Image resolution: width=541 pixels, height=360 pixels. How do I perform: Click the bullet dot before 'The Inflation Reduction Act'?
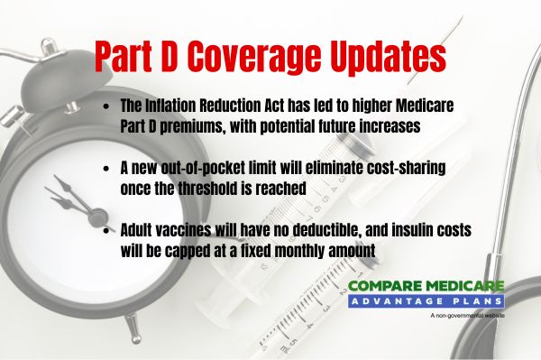pyautogui.click(x=107, y=107)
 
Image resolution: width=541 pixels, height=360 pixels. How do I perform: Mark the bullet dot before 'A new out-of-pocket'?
pyautogui.click(x=107, y=169)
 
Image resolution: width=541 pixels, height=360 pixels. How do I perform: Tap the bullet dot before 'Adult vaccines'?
pyautogui.click(x=107, y=230)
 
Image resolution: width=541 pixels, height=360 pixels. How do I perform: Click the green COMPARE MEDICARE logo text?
pyautogui.click(x=426, y=287)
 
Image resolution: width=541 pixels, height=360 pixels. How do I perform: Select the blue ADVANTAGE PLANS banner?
pyautogui.click(x=426, y=302)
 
